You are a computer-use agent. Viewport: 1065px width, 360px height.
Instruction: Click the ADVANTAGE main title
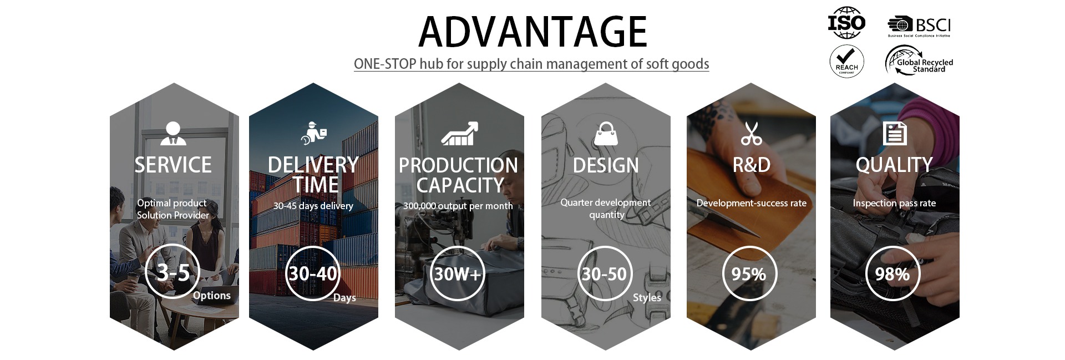[x=532, y=32]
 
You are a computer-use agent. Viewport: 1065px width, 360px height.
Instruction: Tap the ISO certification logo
[x=846, y=23]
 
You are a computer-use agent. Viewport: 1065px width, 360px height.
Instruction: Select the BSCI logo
[x=919, y=27]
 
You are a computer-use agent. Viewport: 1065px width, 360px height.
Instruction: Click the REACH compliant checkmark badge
[x=846, y=61]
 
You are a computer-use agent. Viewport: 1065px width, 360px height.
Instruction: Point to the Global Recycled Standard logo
[x=919, y=60]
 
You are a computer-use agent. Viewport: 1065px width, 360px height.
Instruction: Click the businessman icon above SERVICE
[x=173, y=133]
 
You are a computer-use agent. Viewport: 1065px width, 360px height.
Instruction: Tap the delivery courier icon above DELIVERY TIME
[x=313, y=133]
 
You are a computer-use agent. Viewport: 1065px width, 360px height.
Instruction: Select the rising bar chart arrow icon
[x=459, y=133]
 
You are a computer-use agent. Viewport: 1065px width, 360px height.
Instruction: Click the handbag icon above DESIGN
[x=606, y=134]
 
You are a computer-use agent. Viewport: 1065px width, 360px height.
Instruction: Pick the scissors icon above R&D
[x=751, y=133]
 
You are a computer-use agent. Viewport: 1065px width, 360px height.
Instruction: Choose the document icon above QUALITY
[x=895, y=133]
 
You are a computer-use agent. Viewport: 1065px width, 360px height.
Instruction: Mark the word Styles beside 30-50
[x=647, y=298]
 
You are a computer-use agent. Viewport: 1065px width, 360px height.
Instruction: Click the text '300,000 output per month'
[x=458, y=206]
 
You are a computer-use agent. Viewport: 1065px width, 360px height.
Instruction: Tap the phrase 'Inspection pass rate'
[x=894, y=203]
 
